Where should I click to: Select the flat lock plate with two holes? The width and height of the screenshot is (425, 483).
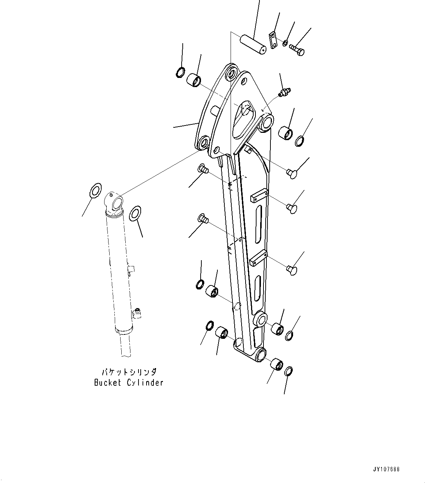point(273,40)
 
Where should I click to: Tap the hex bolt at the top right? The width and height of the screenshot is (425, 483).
point(297,49)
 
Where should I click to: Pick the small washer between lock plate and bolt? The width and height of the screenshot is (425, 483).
point(285,43)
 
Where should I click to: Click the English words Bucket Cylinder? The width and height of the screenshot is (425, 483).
point(128,383)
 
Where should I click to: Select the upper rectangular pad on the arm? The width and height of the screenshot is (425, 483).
point(259,196)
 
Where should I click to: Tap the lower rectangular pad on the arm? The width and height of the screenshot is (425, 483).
point(259,257)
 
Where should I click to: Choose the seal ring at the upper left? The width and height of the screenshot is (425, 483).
point(181,72)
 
